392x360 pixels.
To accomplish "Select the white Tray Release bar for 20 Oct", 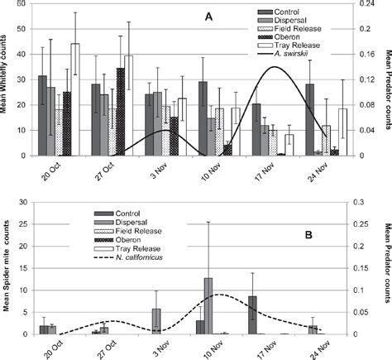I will point(75,99).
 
